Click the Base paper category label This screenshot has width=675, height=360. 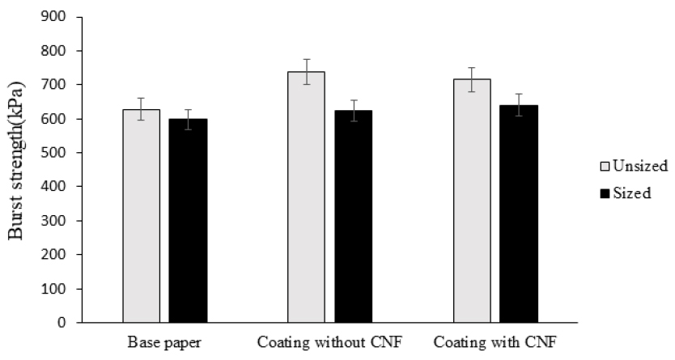(164, 342)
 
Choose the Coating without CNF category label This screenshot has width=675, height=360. (329, 342)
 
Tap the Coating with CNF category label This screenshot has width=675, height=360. (495, 342)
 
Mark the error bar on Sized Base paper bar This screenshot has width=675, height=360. (188, 119)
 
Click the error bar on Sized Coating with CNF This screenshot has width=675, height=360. (519, 104)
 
